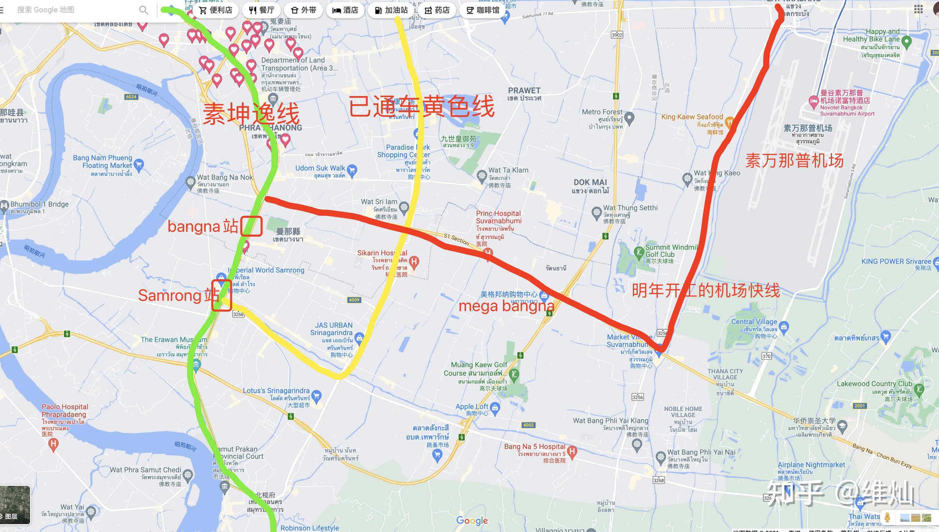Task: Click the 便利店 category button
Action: coord(216,10)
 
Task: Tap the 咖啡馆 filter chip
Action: coord(482,10)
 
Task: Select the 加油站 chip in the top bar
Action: coord(391,10)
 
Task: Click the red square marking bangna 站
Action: coord(252,226)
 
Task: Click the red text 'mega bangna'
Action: coord(506,306)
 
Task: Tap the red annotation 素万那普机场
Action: coord(794,161)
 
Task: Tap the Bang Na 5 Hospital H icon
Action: coord(572,452)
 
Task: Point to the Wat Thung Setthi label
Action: coord(630,208)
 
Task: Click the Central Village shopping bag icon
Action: coord(784,326)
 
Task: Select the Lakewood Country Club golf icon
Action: coord(919,389)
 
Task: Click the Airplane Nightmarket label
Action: coord(811,465)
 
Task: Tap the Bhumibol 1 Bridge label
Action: coord(39,204)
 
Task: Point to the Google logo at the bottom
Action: coord(472,520)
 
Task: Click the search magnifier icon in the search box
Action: coord(144,10)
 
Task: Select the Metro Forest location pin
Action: coord(629,118)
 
